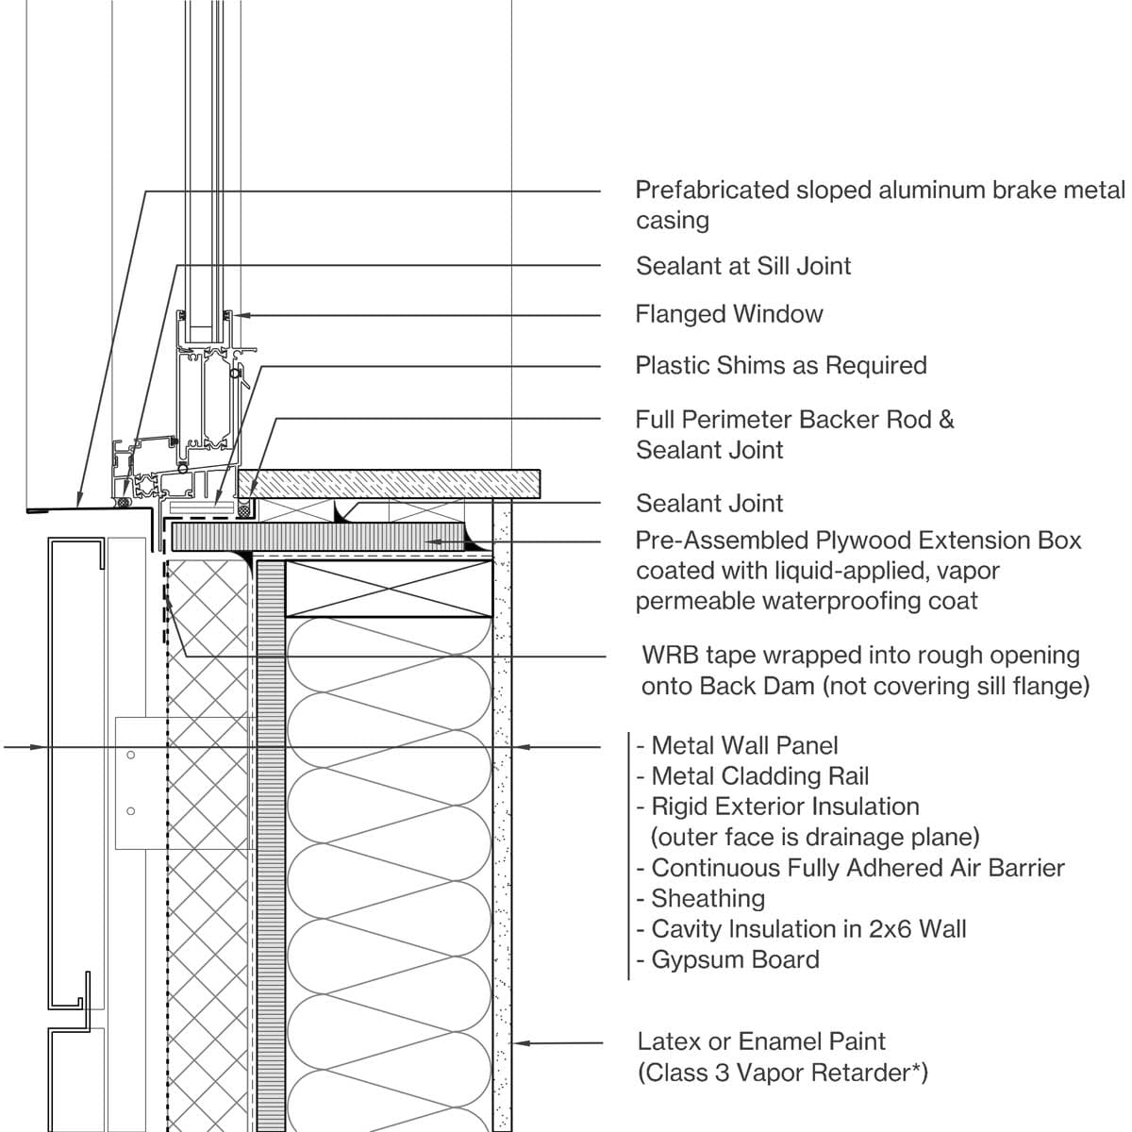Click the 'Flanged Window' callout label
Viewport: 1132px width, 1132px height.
tap(728, 314)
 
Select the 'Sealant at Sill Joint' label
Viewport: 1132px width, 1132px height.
tap(743, 266)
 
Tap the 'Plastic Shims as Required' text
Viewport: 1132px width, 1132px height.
tap(780, 365)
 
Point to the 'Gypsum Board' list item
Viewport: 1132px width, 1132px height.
tap(734, 959)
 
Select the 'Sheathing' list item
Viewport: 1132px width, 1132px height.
tap(707, 898)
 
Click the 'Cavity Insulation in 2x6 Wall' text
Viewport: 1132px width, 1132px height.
tap(807, 929)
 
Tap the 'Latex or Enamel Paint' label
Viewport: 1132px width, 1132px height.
tap(761, 1041)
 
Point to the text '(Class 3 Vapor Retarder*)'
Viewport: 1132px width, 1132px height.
tap(783, 1073)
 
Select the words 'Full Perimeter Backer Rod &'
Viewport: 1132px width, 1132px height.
tap(794, 419)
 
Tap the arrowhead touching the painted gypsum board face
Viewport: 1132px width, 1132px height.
tap(518, 1043)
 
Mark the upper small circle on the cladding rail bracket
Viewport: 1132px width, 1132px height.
tap(131, 755)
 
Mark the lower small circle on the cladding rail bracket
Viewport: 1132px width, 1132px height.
tap(131, 811)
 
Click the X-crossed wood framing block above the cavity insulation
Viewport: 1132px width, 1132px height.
tap(389, 590)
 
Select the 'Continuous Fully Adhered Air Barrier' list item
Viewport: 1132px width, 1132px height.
tap(857, 868)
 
